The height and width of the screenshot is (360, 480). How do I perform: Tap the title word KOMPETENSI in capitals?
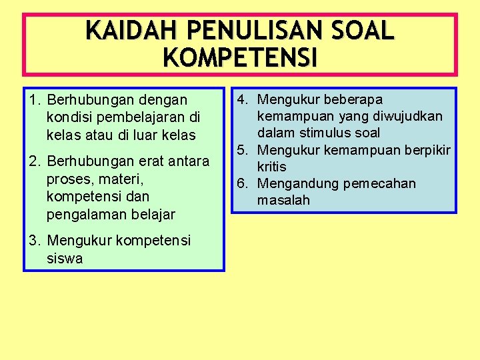click(x=240, y=58)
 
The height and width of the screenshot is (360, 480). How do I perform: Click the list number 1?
click(x=34, y=100)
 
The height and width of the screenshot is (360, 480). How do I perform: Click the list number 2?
click(x=34, y=161)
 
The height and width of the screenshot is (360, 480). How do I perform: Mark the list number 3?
click(x=34, y=241)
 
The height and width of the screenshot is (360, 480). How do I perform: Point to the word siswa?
click(x=65, y=259)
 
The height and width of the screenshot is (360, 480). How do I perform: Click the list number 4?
click(x=242, y=100)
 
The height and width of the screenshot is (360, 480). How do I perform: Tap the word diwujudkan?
click(x=407, y=117)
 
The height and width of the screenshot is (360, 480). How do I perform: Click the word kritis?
click(x=272, y=167)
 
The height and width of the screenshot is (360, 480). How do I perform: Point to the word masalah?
click(x=284, y=200)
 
